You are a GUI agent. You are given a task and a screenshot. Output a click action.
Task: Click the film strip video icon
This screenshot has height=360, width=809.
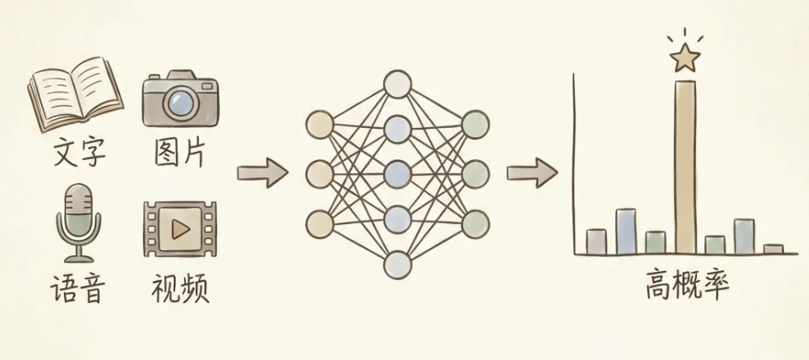(180, 229)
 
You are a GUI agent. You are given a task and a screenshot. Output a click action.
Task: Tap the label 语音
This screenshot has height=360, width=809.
(78, 290)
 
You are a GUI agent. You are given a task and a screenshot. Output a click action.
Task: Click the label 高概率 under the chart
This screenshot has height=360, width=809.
(687, 289)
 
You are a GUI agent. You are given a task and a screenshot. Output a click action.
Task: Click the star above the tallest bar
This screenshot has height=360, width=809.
(685, 58)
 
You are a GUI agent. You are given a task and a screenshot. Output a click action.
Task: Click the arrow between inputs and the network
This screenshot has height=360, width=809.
(262, 172)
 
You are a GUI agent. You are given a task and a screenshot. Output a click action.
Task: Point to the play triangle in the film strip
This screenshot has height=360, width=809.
(181, 230)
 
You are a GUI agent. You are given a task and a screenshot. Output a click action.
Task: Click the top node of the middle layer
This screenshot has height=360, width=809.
(396, 85)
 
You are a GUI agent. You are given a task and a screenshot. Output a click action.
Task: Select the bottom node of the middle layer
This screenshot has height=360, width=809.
(396, 263)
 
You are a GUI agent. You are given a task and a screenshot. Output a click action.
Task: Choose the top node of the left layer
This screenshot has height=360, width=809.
(317, 125)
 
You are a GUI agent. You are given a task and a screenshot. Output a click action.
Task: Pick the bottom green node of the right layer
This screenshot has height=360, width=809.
(476, 220)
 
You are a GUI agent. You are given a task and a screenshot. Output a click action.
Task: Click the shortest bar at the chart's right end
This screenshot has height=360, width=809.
(773, 249)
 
